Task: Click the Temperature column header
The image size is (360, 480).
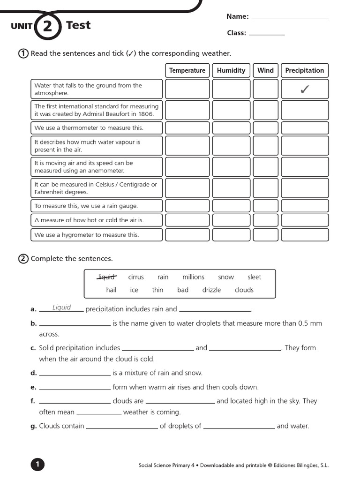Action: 187,70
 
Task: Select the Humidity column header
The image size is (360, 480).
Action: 231,70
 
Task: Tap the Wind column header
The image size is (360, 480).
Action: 265,70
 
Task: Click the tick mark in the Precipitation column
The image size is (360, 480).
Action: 305,89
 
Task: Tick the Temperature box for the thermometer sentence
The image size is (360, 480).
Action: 187,128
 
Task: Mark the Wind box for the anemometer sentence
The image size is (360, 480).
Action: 265,167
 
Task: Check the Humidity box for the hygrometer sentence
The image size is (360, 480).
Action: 231,235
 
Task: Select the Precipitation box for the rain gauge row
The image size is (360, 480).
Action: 305,206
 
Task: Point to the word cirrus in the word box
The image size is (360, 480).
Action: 136,277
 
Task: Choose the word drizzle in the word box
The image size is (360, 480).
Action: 211,290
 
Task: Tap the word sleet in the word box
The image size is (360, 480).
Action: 254,277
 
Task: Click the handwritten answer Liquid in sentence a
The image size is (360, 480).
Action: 61,307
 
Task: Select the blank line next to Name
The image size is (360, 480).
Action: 290,18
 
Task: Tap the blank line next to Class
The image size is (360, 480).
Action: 267,34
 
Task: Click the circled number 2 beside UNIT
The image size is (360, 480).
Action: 48,26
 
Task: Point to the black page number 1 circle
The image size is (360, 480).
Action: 37,465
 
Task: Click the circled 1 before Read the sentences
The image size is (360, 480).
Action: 23,53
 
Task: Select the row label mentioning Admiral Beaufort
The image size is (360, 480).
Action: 97,110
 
